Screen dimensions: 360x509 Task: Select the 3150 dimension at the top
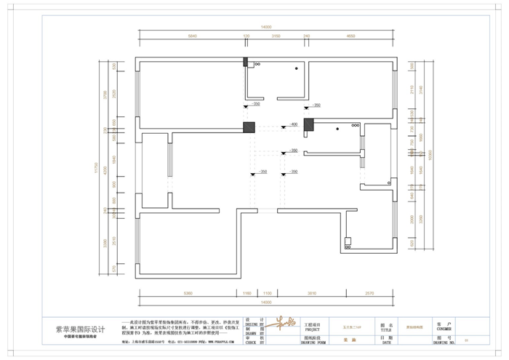[276, 36]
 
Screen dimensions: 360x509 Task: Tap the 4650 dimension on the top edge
[351, 36]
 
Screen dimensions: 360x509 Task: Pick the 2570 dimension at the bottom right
[369, 293]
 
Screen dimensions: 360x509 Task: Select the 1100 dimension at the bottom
[267, 293]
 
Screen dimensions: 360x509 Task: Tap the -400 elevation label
[294, 124]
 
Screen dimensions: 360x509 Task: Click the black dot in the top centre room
[296, 68]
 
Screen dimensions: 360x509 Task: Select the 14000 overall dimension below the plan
[265, 300]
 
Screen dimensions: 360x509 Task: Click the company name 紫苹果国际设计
[81, 329]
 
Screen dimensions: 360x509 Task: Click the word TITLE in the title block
[385, 329]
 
